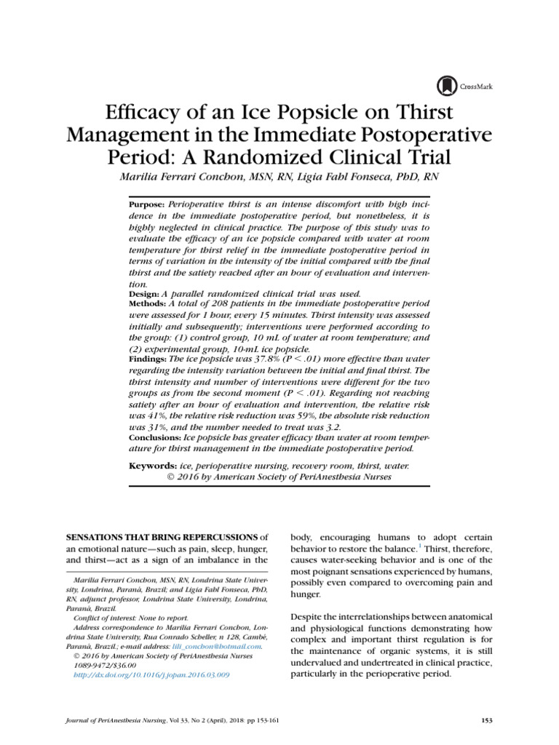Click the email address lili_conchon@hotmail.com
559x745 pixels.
tap(218, 645)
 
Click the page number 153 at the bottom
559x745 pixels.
tap(487, 720)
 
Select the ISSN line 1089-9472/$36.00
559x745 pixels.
tap(109, 665)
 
